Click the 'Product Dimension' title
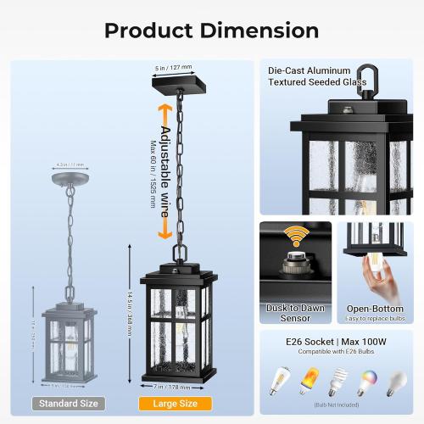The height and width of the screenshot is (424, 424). (211, 31)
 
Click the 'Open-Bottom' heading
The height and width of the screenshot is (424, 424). (374, 310)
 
